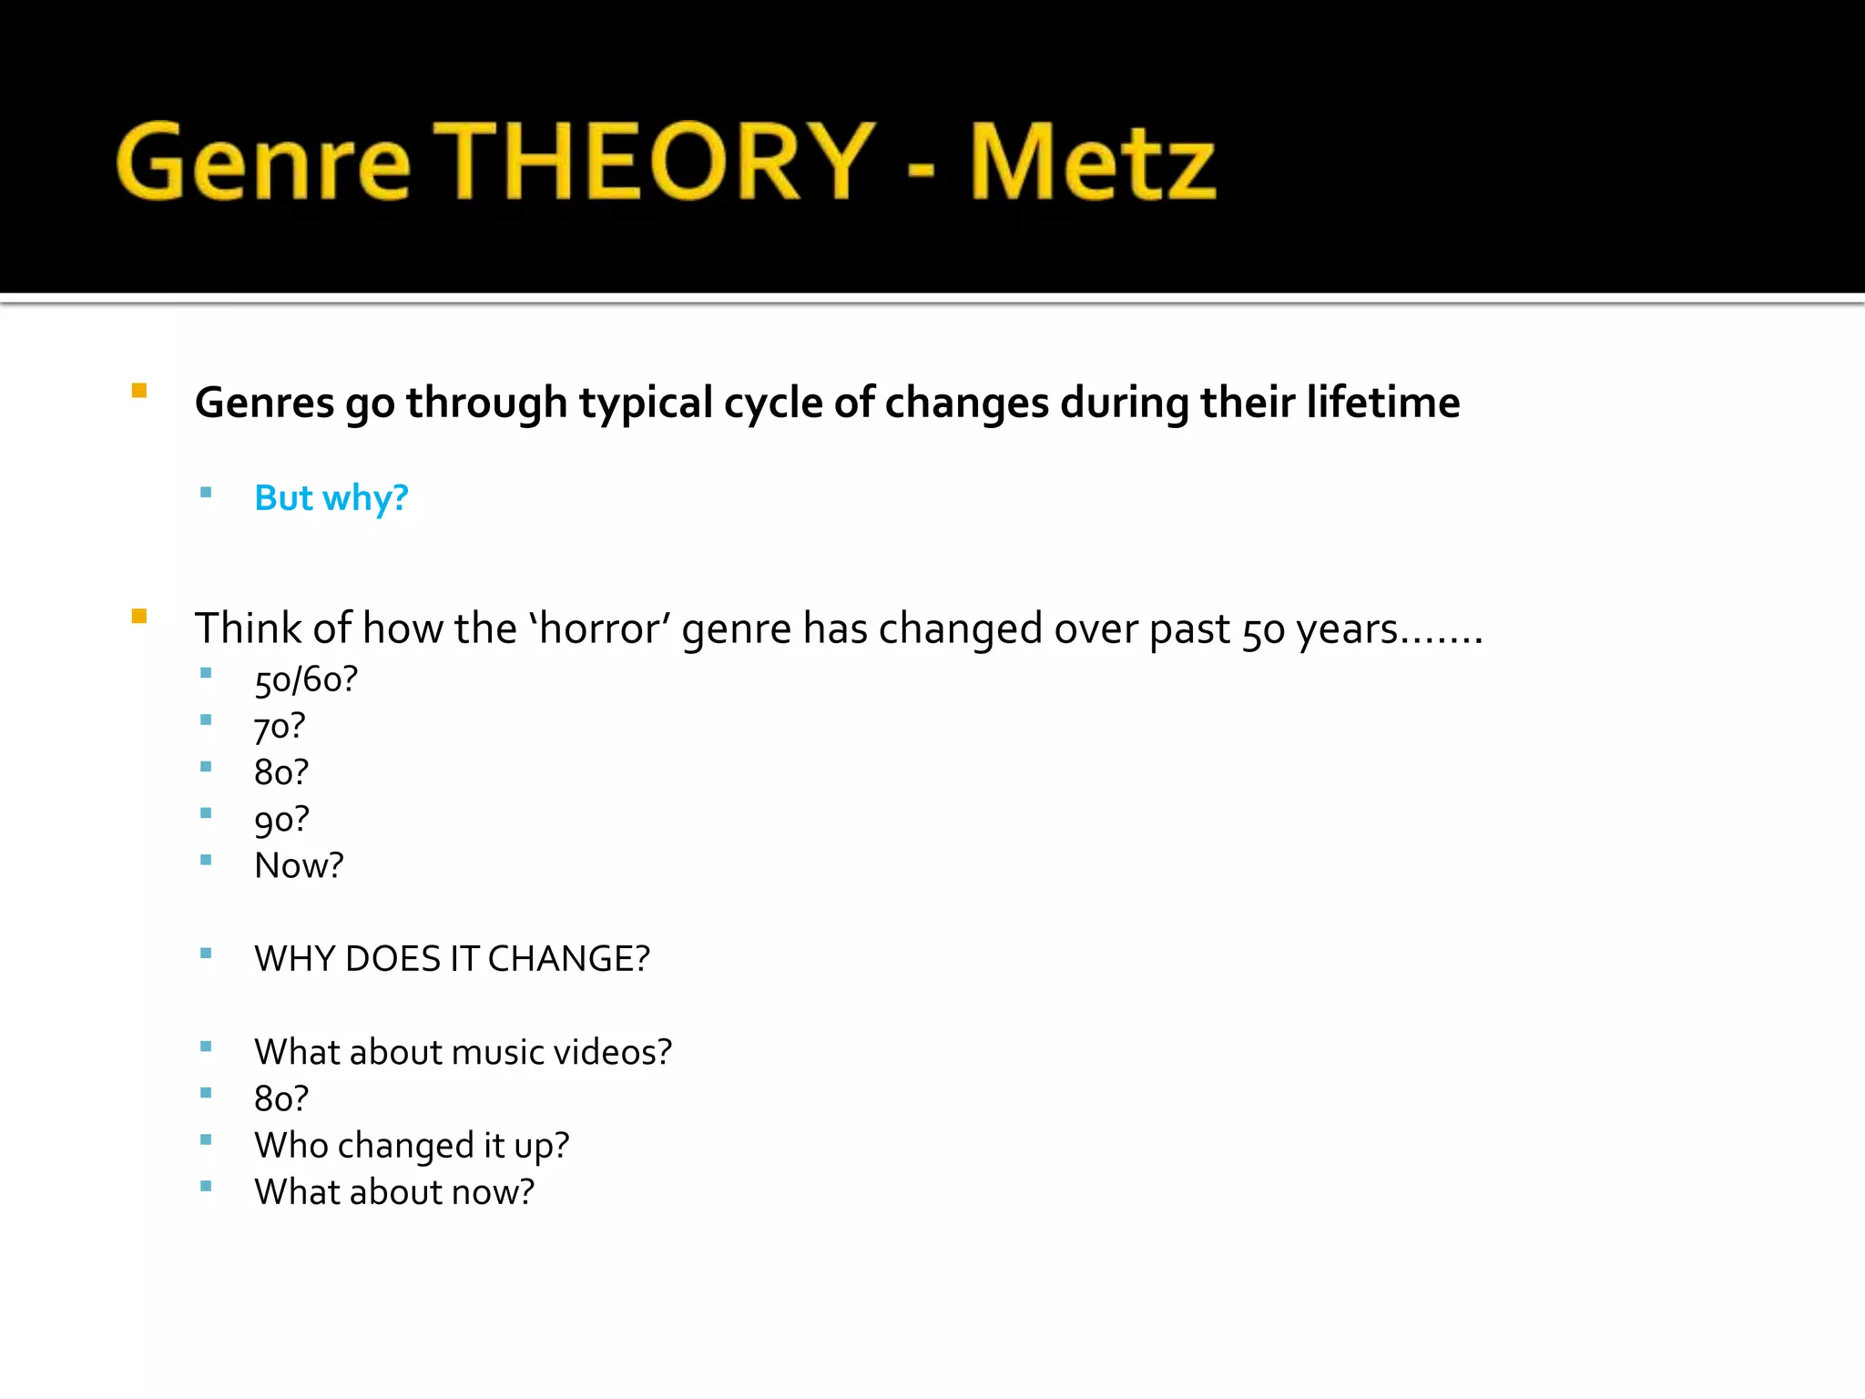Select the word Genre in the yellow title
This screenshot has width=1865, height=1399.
click(x=263, y=164)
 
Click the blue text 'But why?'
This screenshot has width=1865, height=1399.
click(x=331, y=498)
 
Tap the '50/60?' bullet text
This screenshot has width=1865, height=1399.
click(x=306, y=679)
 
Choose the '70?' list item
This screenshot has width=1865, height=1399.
click(x=280, y=727)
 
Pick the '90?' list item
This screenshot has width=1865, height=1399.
click(x=281, y=820)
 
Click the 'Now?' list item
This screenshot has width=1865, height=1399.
click(x=299, y=865)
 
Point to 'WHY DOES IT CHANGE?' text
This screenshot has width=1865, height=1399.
click(x=452, y=959)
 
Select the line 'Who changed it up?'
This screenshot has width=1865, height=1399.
click(x=412, y=1146)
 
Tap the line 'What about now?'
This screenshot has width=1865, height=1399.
click(x=394, y=1192)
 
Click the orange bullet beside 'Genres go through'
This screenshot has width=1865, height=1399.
click(x=139, y=391)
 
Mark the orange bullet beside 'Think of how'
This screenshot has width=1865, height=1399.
click(x=139, y=617)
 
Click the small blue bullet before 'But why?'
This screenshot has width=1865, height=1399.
click(x=206, y=493)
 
